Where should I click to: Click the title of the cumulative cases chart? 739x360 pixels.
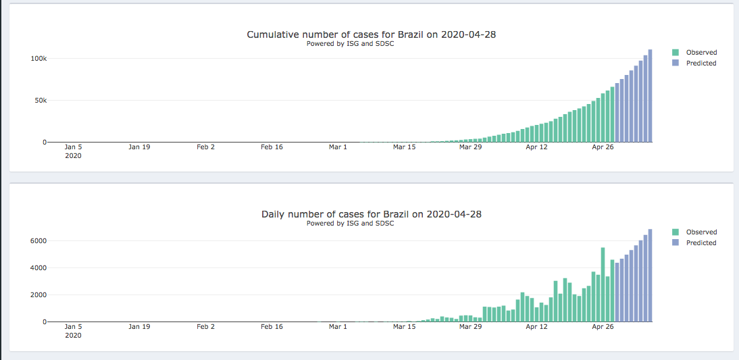tap(371, 34)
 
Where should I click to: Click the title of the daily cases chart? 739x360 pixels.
tap(371, 214)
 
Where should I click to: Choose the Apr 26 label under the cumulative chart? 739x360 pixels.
tap(603, 147)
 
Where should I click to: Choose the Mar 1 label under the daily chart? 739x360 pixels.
tap(338, 326)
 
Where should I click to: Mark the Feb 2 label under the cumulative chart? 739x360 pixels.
tap(205, 147)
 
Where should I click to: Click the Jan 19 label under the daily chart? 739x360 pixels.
tap(139, 326)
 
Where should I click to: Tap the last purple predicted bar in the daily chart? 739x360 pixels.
tap(650, 276)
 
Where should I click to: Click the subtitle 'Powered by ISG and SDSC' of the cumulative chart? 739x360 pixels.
tap(350, 44)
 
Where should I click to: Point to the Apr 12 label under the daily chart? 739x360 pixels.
tap(536, 326)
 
